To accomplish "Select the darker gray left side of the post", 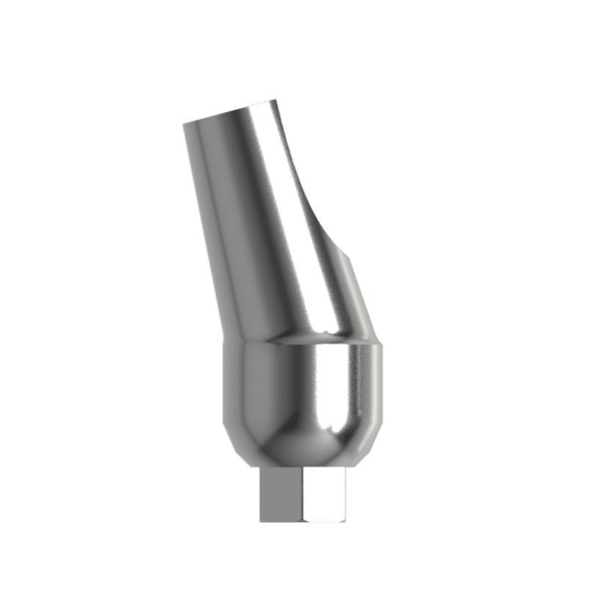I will pyautogui.click(x=209, y=220).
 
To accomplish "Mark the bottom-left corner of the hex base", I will pyautogui.click(x=260, y=522).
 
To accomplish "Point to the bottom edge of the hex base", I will pyautogui.click(x=303, y=523).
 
